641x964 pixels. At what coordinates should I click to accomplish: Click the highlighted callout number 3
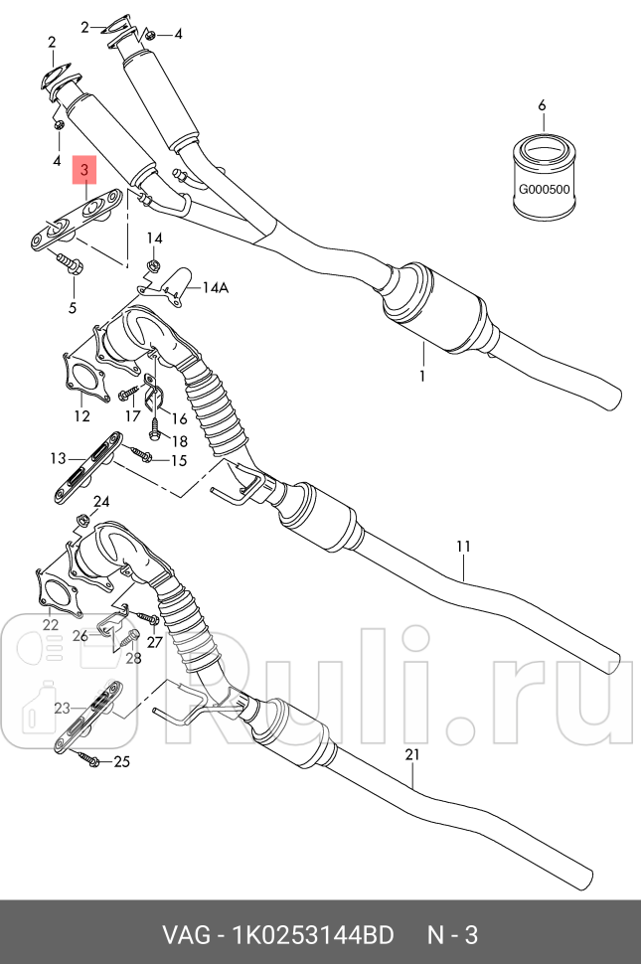84,171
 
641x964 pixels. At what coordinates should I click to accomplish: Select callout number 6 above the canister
542,105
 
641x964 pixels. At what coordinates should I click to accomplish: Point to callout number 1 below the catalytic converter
421,377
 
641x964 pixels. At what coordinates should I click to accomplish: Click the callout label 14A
216,288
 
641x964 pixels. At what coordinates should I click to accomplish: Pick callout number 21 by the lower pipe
413,755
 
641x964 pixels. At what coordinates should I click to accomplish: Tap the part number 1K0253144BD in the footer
313,936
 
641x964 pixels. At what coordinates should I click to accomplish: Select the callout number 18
179,441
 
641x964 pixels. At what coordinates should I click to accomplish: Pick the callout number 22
50,624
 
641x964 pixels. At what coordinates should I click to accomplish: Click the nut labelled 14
154,265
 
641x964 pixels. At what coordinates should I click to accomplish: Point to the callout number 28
133,658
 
